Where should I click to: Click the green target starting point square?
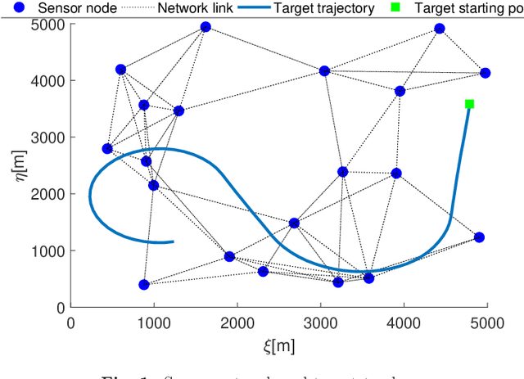point(469,104)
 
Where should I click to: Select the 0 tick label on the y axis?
point(60,307)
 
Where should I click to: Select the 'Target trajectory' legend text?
point(326,9)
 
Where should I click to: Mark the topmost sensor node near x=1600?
point(206,27)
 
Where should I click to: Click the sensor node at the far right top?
point(485,73)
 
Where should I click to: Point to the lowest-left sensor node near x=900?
point(144,285)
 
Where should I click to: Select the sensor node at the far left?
point(107,148)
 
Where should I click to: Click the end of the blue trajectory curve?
point(173,241)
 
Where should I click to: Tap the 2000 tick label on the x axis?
point(237,322)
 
